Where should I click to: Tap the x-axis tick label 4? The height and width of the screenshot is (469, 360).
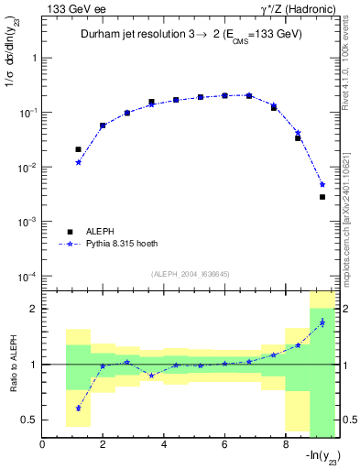coord(164,445)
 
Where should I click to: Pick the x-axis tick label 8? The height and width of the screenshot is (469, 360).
coord(285,445)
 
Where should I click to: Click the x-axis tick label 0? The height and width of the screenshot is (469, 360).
coord(43,445)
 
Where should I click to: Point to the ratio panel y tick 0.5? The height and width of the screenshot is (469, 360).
coord(32,420)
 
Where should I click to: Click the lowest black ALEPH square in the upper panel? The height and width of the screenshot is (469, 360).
coord(322,197)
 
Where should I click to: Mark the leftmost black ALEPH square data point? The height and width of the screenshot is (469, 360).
coord(79,149)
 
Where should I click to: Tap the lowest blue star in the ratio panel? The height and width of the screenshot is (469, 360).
coord(79,409)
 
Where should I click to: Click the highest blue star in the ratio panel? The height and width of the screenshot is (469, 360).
coord(322,322)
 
